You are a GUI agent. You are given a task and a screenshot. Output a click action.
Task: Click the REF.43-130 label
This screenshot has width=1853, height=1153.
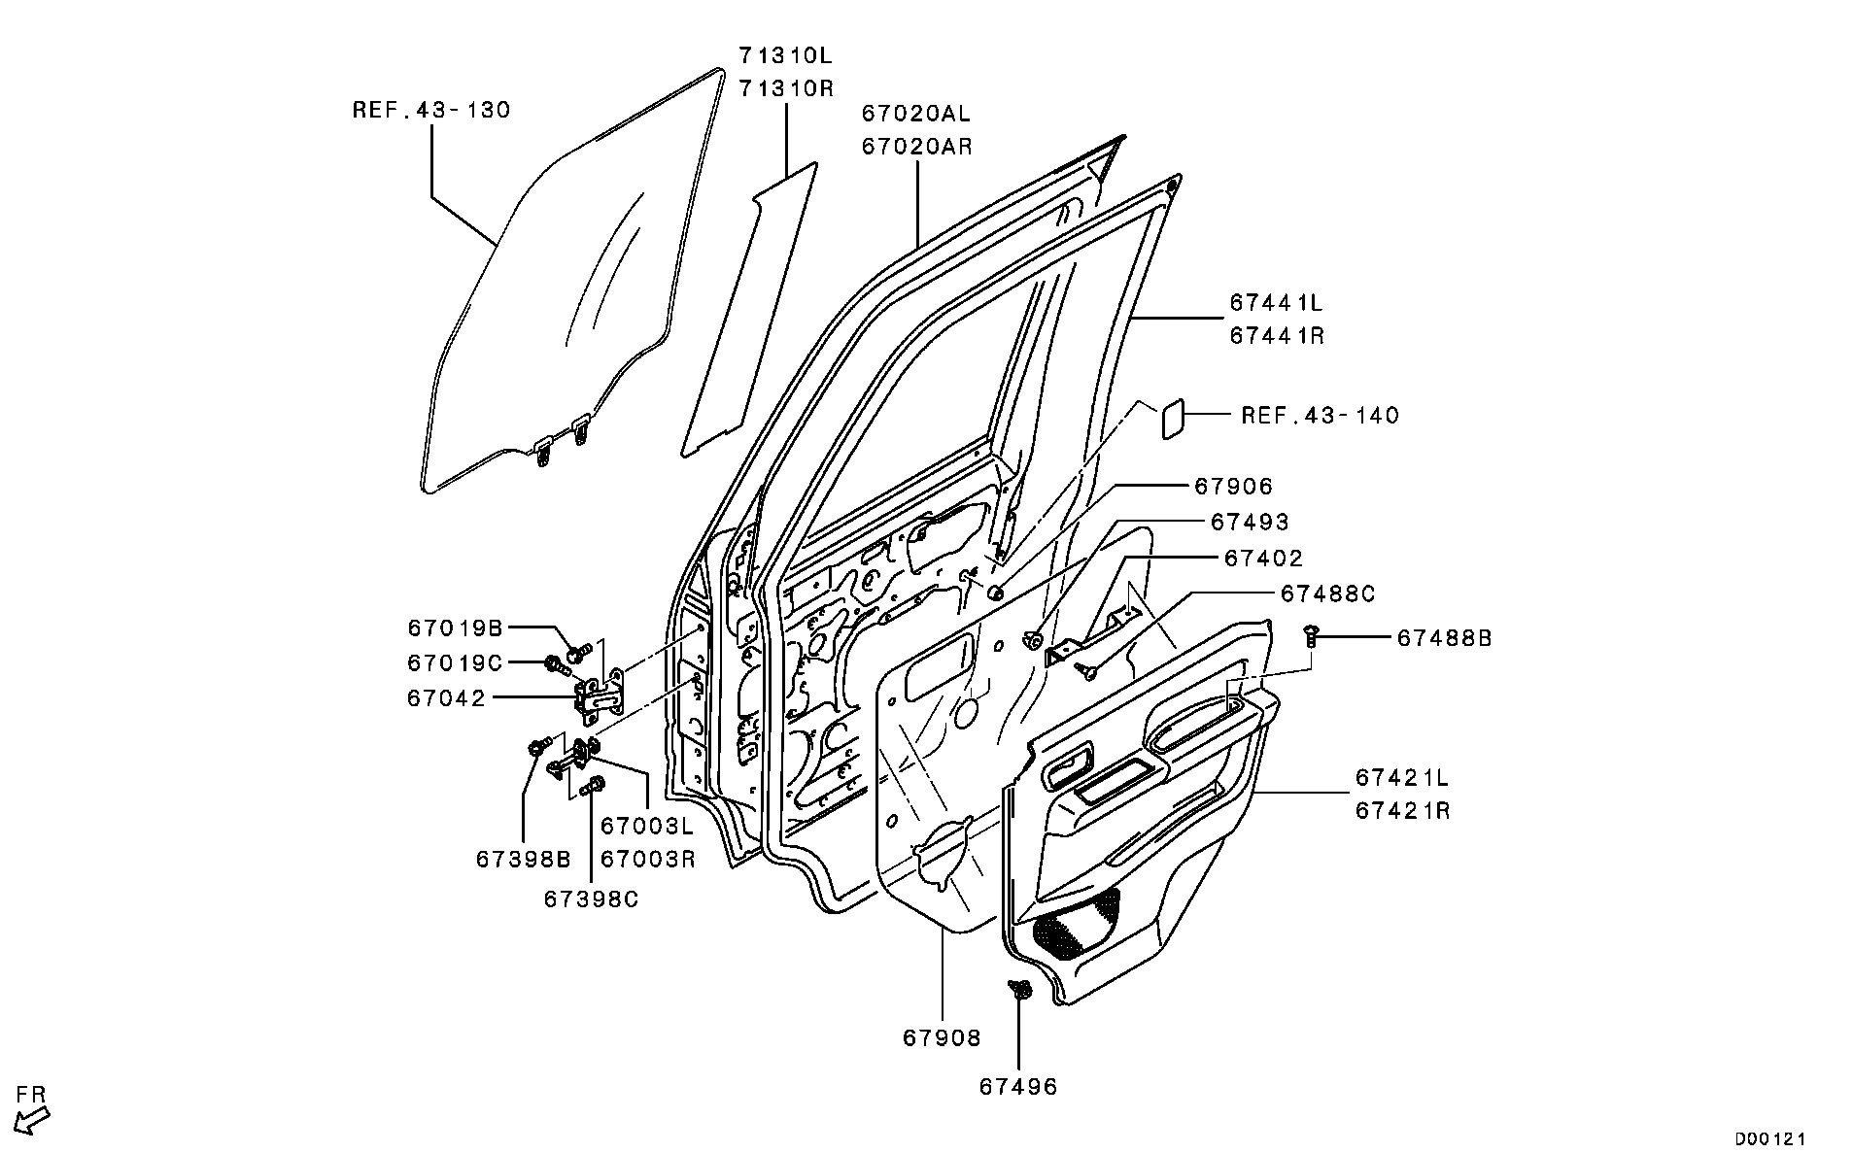[430, 111]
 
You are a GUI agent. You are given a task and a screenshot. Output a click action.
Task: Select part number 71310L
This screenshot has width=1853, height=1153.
[785, 55]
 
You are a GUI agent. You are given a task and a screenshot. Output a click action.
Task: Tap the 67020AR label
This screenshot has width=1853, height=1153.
[915, 147]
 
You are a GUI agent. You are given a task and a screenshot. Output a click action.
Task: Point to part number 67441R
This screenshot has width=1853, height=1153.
[1277, 336]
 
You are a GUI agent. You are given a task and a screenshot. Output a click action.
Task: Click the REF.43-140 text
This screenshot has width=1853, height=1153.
[1320, 416]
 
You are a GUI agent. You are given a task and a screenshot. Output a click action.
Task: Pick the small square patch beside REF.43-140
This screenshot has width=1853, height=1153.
[1172, 419]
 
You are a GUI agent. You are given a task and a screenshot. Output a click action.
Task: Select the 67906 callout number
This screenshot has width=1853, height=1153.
[1233, 487]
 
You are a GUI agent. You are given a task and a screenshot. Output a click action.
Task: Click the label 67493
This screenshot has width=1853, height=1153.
[1249, 523]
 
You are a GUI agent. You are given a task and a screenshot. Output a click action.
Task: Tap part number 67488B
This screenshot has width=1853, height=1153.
[1444, 638]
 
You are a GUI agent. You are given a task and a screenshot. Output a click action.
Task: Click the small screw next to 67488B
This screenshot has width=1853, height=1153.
[1312, 634]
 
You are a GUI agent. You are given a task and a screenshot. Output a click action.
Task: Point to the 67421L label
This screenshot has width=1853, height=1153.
[1402, 778]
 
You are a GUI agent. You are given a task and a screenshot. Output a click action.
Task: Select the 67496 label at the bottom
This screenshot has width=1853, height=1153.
[1017, 1086]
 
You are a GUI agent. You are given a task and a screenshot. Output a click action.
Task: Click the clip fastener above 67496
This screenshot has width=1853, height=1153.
[1018, 991]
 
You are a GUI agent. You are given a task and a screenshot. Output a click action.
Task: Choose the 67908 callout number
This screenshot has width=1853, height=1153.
[942, 1038]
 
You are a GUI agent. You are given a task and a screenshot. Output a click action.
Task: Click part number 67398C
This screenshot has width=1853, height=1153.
[591, 899]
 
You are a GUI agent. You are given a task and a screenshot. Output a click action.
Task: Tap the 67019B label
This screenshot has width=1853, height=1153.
[455, 628]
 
